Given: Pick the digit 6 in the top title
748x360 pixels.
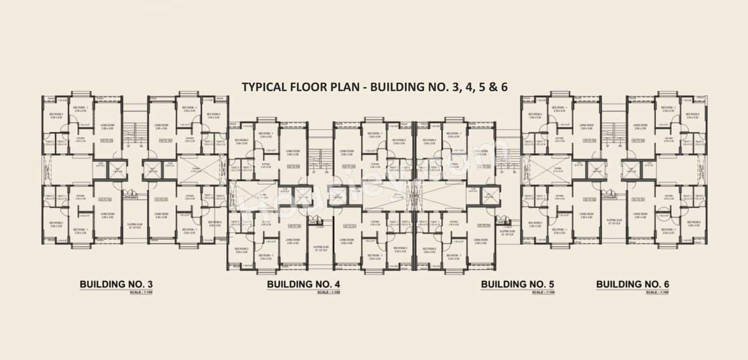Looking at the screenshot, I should point(503,87).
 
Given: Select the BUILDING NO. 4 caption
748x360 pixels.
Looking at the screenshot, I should point(303,285).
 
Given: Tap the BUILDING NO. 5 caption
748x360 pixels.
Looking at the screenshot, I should point(517,285).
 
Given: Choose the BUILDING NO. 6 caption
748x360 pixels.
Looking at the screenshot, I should point(632,285).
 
